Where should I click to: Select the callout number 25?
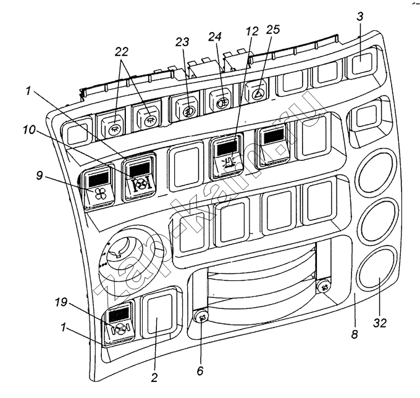coord(273,30)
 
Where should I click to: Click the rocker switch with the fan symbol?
coord(98,188)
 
